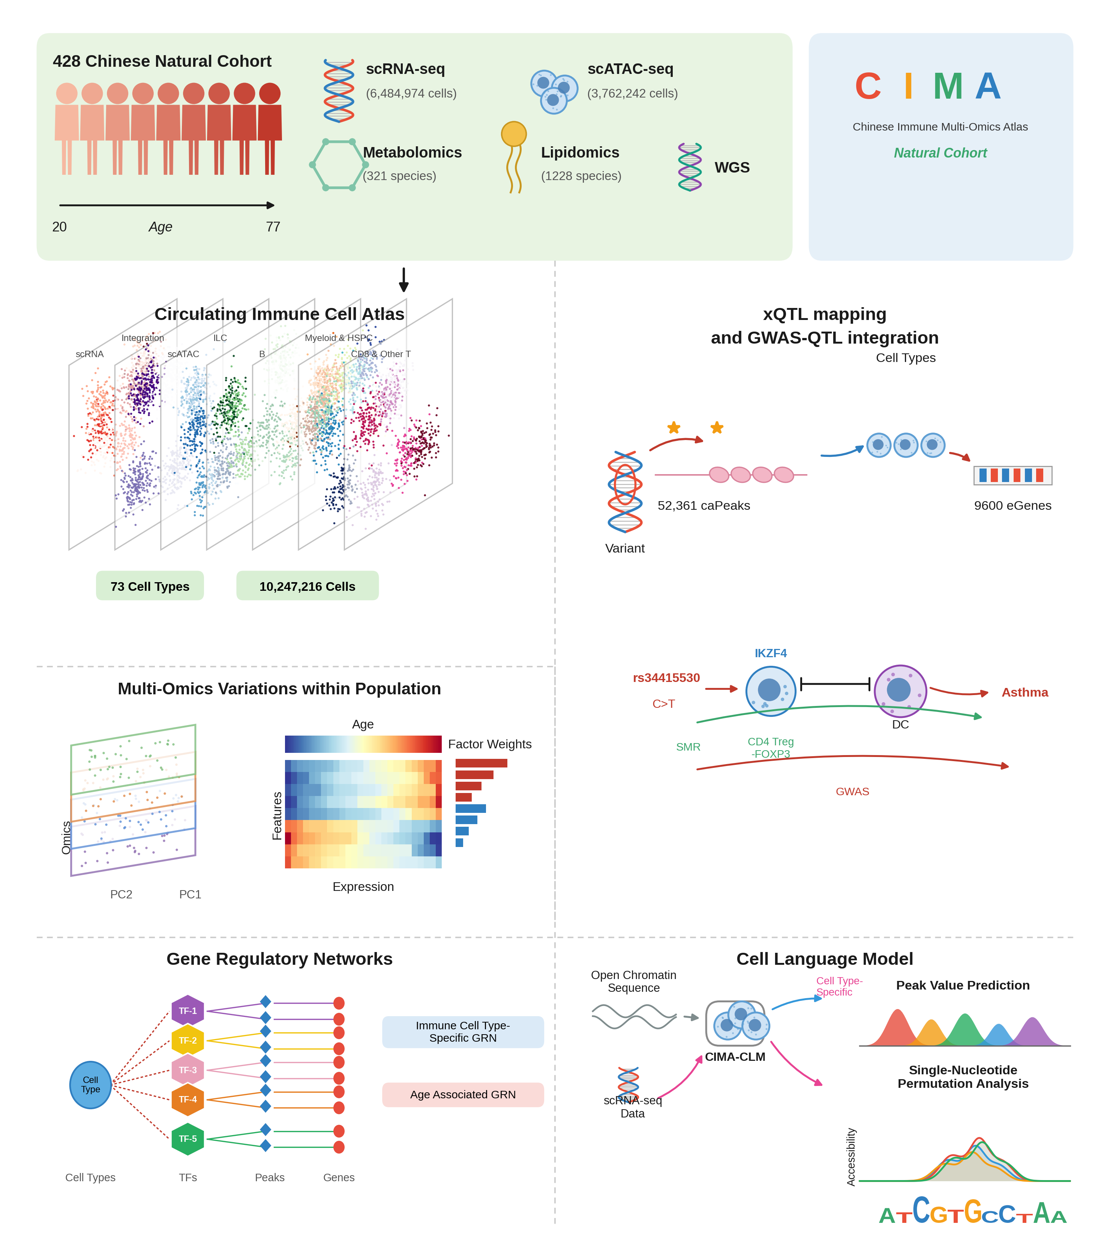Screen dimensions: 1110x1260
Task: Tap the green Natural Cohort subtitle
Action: (x=940, y=153)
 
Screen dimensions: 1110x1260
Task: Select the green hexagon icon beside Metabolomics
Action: (x=338, y=165)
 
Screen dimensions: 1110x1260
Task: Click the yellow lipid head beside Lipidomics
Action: (x=513, y=134)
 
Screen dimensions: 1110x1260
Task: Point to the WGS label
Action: (x=732, y=168)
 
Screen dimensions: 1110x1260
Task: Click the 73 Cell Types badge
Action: (x=150, y=586)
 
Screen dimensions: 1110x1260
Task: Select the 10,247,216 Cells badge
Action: (x=307, y=586)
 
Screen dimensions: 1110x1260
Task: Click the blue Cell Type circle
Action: (x=91, y=1085)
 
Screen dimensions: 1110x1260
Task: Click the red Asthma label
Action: (x=1024, y=692)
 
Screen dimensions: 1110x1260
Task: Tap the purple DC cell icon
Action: (x=900, y=691)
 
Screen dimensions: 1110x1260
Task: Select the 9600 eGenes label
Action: (x=1012, y=506)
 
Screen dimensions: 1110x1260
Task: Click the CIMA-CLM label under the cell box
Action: (x=735, y=1057)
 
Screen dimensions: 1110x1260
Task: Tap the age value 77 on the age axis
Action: (x=273, y=227)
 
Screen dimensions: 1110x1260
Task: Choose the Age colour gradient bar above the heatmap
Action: (x=363, y=744)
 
